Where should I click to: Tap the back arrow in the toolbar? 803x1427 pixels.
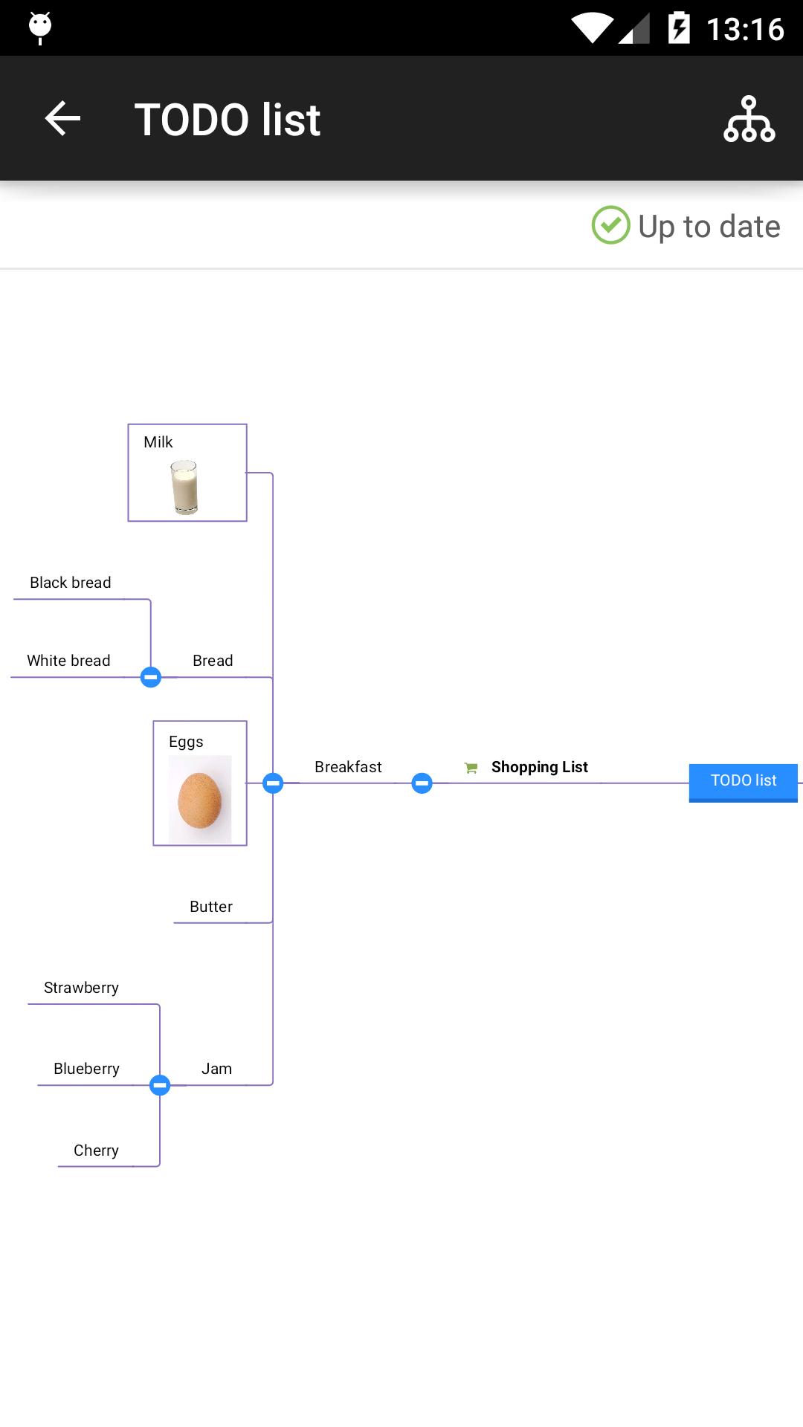pyautogui.click(x=62, y=119)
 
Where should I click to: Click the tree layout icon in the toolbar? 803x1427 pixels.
pyautogui.click(x=749, y=119)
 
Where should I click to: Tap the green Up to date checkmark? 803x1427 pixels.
pyautogui.click(x=610, y=225)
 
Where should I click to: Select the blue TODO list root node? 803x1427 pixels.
pyautogui.click(x=743, y=781)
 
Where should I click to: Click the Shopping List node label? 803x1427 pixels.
pyautogui.click(x=539, y=767)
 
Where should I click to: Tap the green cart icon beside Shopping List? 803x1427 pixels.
pyautogui.click(x=471, y=768)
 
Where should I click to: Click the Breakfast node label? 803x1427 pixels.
pyautogui.click(x=348, y=767)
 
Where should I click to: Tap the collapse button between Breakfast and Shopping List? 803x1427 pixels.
pyautogui.click(x=422, y=783)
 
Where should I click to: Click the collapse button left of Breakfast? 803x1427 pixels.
pyautogui.click(x=273, y=783)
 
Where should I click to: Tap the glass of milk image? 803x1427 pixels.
pyautogui.click(x=184, y=487)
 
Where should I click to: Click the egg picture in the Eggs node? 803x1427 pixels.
pyautogui.click(x=200, y=800)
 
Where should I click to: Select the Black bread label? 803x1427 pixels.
pyautogui.click(x=71, y=583)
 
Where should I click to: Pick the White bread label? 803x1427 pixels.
pyautogui.click(x=68, y=661)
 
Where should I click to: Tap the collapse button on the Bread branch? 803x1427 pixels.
pyautogui.click(x=151, y=677)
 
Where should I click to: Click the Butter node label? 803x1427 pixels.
pyautogui.click(x=211, y=907)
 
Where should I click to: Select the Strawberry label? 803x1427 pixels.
pyautogui.click(x=81, y=988)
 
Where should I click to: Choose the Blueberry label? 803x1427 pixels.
pyautogui.click(x=86, y=1069)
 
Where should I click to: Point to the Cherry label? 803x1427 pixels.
pyautogui.click(x=96, y=1151)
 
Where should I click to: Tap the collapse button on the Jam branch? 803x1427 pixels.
pyautogui.click(x=160, y=1085)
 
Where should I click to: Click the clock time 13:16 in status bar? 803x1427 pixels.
pyautogui.click(x=744, y=30)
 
